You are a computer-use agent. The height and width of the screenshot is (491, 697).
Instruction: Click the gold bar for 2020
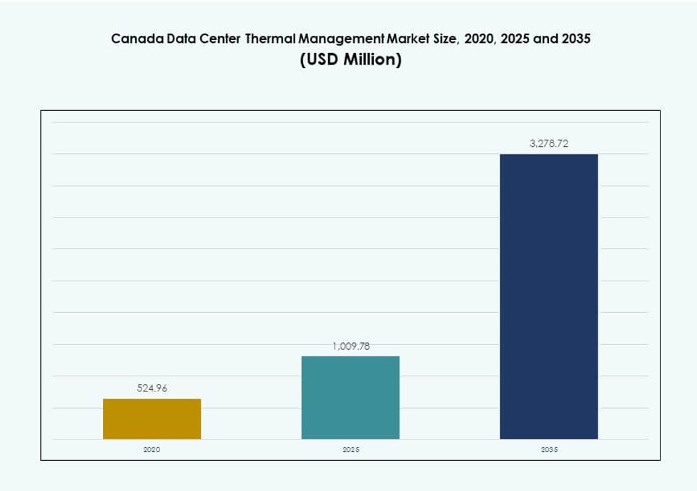152,419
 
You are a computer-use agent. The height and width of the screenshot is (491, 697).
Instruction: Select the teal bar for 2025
350,397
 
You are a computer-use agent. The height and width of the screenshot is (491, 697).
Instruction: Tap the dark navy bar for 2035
548,296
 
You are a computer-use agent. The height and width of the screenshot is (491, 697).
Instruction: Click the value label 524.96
152,389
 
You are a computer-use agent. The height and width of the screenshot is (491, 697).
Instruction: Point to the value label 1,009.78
350,346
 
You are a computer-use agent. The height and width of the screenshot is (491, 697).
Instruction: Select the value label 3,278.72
548,144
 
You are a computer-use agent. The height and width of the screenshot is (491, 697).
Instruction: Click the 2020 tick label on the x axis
152,449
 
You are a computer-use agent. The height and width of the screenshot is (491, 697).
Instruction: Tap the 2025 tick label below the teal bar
350,449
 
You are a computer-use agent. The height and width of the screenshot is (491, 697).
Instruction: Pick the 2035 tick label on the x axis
549,449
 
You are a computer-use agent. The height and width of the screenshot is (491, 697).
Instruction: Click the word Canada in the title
133,39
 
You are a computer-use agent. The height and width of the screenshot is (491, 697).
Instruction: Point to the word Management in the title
339,39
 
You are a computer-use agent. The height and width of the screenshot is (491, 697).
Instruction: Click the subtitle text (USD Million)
350,60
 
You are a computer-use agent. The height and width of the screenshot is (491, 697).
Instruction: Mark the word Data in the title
174,39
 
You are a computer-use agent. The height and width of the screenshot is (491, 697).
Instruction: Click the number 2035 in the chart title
575,39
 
